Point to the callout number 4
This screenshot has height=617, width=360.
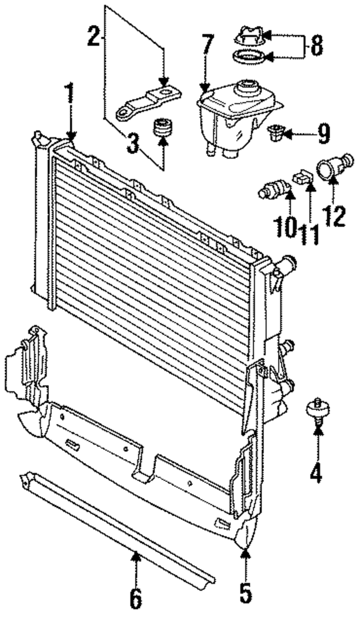317,471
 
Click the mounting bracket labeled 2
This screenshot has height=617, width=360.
149,101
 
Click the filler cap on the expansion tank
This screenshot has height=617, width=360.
247,38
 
